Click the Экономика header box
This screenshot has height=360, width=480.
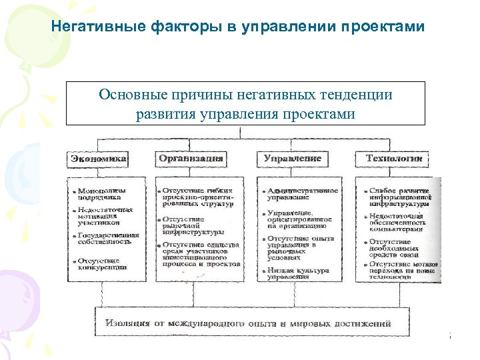[99, 159]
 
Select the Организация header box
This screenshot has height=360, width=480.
[191, 159]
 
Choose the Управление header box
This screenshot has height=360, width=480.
[292, 159]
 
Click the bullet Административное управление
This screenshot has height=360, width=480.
[300, 194]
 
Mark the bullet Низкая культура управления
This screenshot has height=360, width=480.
[297, 274]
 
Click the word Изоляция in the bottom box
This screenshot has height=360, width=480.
[127, 323]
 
